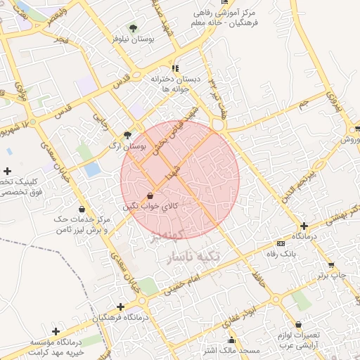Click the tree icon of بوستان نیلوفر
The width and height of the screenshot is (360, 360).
[133, 29]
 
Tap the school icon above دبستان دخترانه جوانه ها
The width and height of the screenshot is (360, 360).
[175, 68]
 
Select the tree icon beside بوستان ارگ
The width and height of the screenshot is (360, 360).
[127, 135]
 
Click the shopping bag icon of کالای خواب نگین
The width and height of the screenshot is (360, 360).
[150, 195]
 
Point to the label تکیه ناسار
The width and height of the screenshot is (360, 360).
[193, 257]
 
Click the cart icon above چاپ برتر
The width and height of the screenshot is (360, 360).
[331, 265]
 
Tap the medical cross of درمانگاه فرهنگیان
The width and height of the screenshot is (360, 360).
[121, 307]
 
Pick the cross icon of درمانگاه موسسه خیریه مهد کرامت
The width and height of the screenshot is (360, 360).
[56, 331]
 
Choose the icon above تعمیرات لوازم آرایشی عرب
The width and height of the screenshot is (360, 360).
[300, 325]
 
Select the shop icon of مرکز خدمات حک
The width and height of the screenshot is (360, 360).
[82, 209]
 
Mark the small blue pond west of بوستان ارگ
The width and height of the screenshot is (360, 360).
[91, 169]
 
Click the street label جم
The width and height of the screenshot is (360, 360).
[302, 104]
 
